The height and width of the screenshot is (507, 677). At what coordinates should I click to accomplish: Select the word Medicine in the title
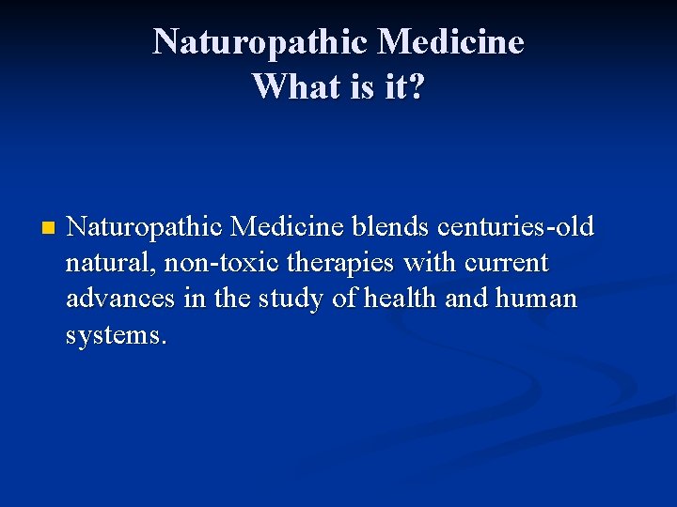450,42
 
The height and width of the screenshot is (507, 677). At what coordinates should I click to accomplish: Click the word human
537,300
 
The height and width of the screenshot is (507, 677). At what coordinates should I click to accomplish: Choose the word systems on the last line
117,335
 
